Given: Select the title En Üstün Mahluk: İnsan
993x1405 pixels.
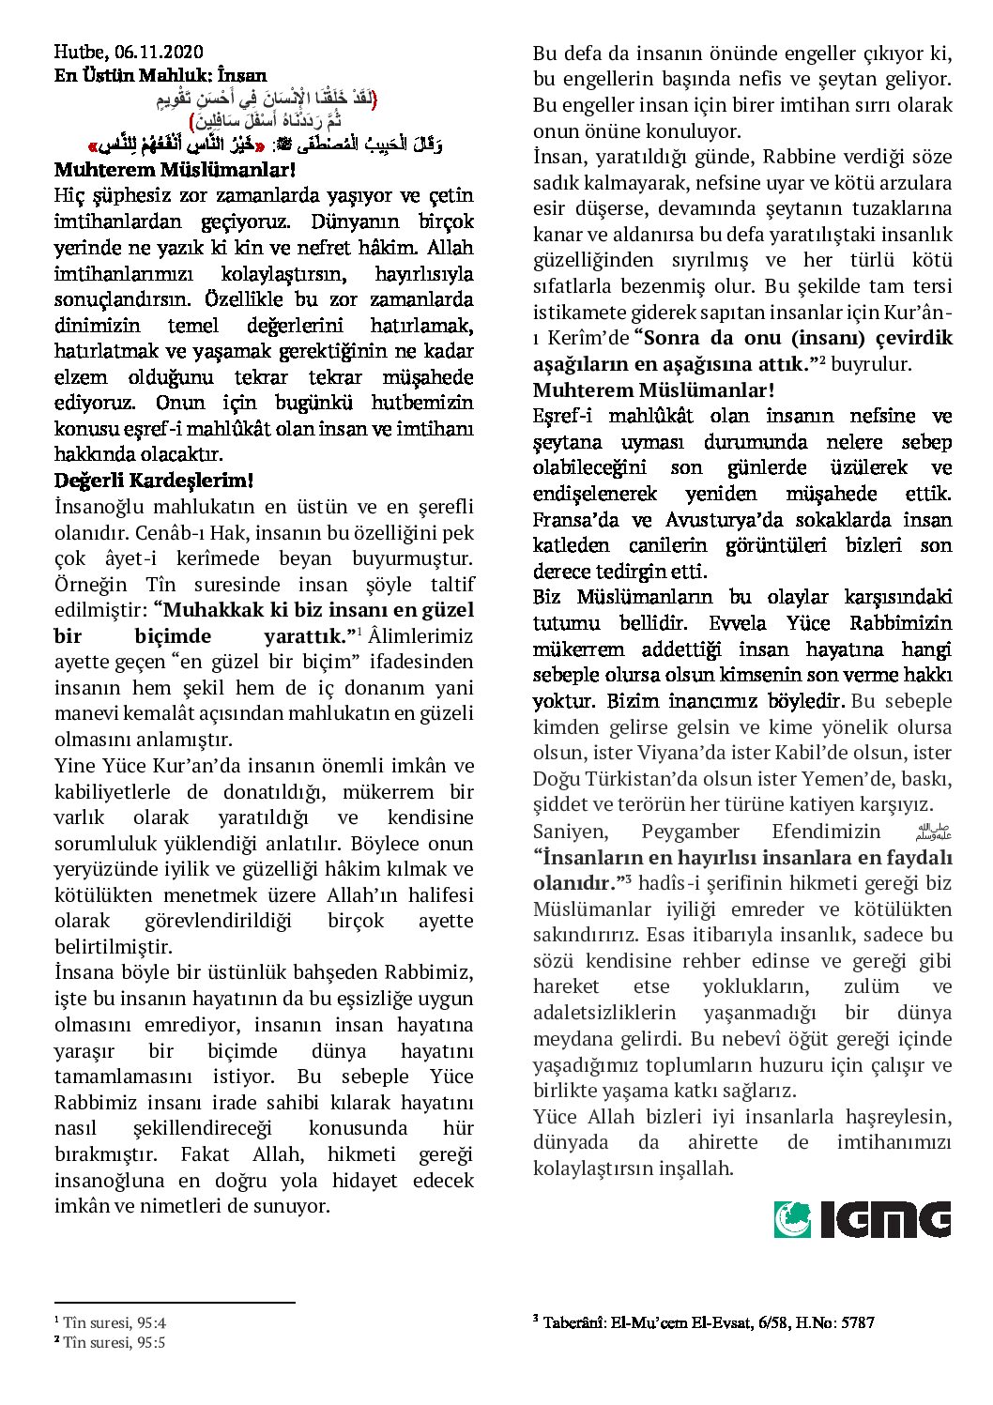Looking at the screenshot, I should [x=160, y=76].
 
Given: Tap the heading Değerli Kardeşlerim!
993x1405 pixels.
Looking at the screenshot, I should [x=154, y=481].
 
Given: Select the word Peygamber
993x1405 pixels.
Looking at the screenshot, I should [x=690, y=832].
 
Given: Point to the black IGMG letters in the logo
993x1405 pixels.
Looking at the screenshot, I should [x=886, y=1219].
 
